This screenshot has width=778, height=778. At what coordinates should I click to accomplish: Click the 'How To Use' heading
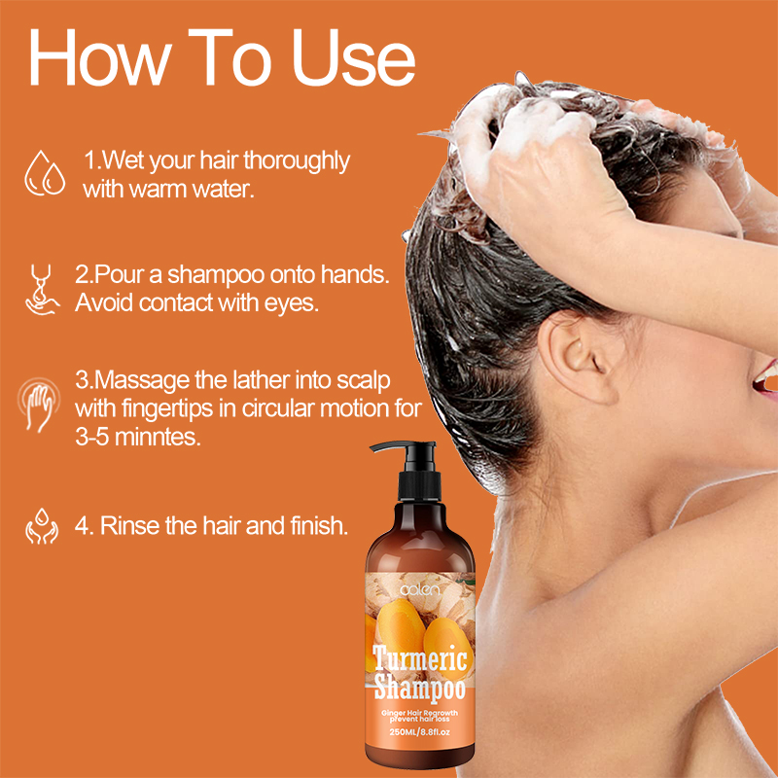click(222, 58)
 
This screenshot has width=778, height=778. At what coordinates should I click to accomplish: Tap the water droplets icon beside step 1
click(45, 173)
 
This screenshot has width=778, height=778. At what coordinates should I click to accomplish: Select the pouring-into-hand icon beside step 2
click(42, 290)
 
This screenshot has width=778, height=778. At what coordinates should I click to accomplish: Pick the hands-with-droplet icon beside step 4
click(42, 525)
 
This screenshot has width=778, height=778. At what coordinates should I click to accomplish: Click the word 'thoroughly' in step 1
click(297, 161)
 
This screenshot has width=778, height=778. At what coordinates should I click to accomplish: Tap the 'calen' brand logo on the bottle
click(420, 590)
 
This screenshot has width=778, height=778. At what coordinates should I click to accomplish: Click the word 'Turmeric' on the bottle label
click(420, 658)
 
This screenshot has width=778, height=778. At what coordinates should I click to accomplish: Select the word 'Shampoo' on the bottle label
click(420, 688)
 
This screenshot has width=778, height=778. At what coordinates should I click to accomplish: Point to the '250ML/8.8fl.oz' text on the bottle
click(420, 732)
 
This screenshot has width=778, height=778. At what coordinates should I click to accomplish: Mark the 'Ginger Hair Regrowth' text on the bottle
click(420, 713)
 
